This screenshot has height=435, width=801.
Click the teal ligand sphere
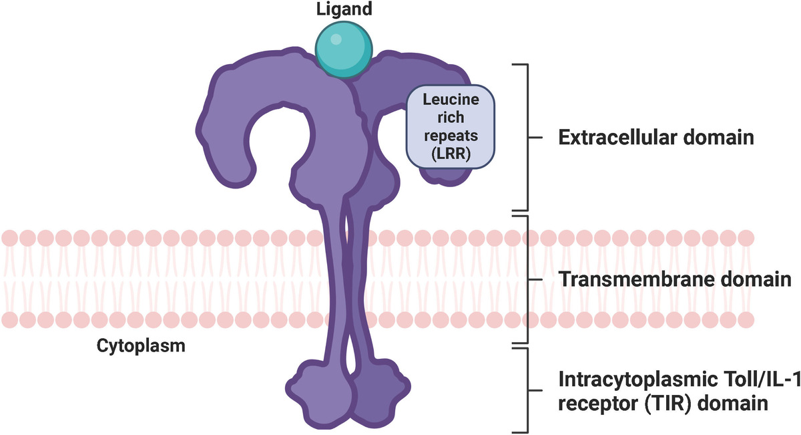[344, 47]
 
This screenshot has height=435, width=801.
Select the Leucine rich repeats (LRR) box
[452, 127]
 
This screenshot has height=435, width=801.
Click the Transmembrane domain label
[674, 279]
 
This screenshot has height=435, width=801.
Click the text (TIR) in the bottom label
[674, 404]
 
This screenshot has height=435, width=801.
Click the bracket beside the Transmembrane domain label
[527, 279]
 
